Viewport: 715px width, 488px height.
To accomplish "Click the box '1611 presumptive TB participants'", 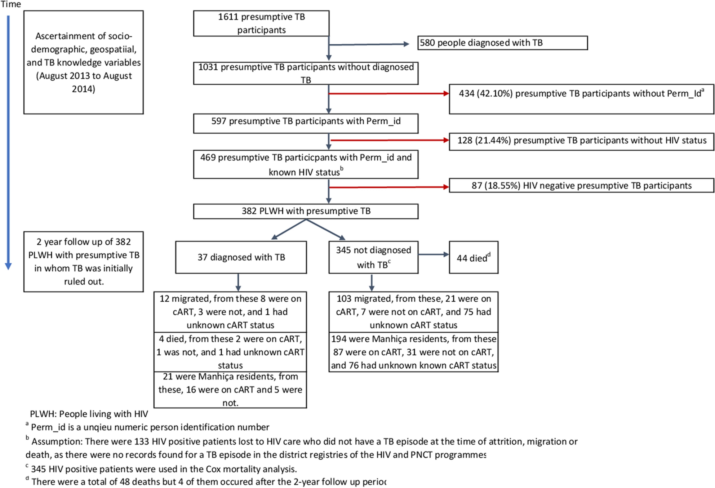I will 261,23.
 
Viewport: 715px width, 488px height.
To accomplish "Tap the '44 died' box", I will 473,258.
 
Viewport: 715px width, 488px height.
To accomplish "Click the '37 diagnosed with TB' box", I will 241,257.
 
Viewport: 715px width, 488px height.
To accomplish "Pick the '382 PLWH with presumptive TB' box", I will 306,211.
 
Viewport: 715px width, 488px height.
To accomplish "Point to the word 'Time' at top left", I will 11,4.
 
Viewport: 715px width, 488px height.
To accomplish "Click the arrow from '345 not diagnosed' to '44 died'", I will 433,254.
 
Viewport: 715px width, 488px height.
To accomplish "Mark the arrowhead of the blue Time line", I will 8,266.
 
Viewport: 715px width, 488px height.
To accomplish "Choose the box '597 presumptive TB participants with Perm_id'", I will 306,124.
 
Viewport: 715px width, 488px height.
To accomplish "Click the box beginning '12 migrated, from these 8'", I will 230,312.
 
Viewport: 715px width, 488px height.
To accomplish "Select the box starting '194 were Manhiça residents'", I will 413,352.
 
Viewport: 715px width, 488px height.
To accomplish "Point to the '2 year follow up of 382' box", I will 83,262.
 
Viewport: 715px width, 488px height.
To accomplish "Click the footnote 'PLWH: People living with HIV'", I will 89,414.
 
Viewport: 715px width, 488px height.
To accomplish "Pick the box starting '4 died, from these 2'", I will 230,352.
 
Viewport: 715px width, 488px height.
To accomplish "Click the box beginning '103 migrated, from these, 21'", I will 413,312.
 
